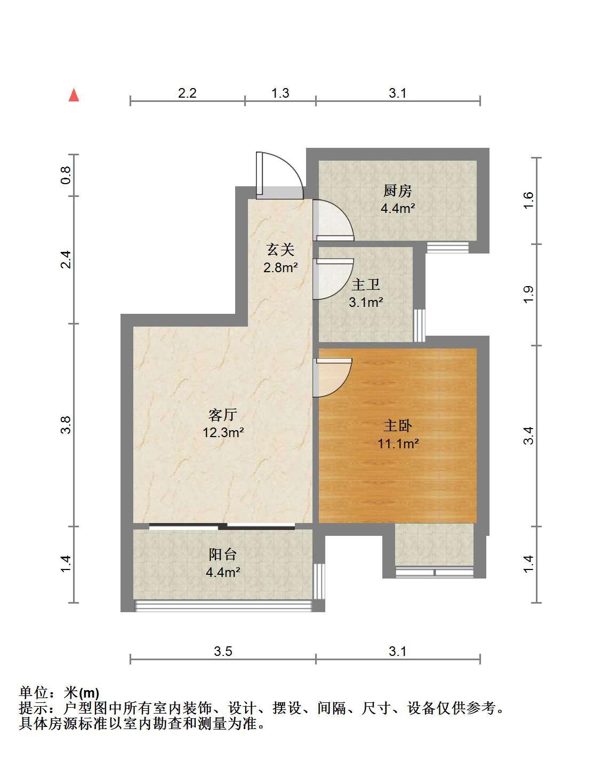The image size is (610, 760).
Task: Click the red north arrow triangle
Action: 74,95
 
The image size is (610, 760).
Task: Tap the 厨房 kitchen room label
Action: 398,191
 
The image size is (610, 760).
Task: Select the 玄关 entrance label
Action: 280,250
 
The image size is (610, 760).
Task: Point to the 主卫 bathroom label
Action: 366,284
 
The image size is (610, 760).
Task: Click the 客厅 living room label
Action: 223,415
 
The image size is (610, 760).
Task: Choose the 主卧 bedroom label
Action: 398,425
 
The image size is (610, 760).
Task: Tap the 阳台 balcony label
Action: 223,554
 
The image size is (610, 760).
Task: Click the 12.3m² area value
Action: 223,432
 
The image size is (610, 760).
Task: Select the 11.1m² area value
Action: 398,444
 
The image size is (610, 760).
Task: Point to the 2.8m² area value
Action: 280,268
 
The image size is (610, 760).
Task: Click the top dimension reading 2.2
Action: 187,93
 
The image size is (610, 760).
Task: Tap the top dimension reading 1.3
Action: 280,93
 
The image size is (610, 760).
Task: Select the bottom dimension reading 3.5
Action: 223,651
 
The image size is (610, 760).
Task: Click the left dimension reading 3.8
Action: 66,425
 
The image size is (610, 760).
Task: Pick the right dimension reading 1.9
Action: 528,295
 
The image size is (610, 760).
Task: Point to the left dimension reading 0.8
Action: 66,175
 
